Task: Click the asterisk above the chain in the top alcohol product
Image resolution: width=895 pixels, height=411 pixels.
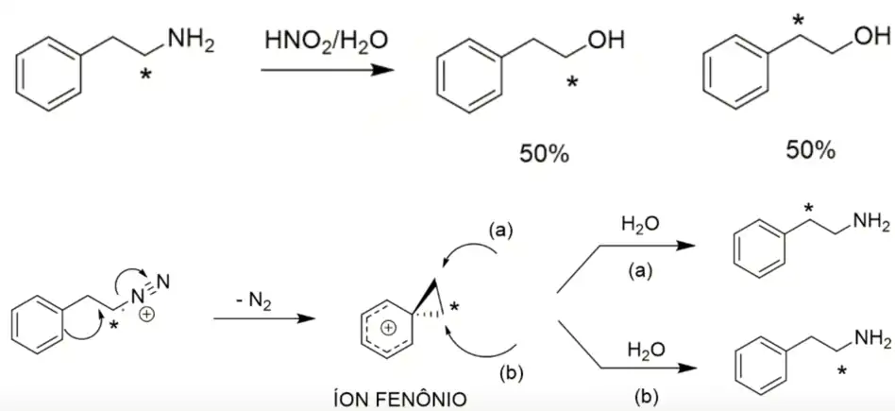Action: click(799, 19)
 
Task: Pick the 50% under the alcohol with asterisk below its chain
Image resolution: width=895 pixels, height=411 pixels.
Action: click(544, 153)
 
